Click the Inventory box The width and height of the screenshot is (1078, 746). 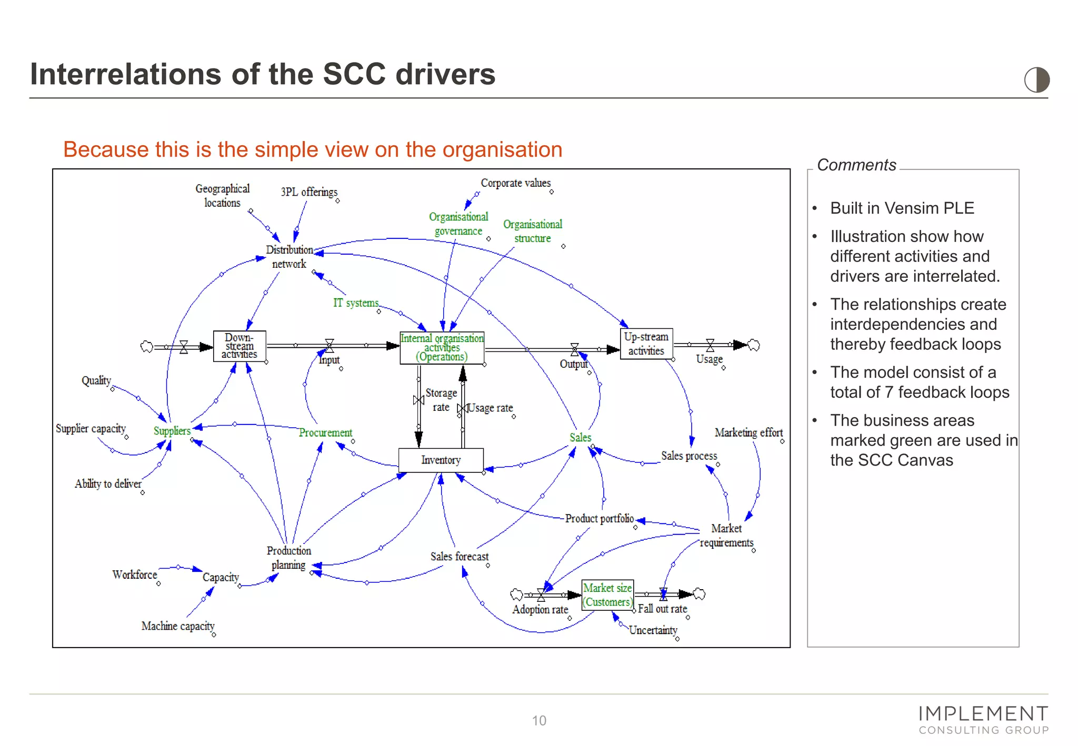441,460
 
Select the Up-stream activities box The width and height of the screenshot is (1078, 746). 646,344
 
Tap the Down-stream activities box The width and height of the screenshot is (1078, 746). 239,346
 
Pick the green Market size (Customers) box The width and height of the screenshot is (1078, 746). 607,595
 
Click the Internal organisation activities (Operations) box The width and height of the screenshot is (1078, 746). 442,348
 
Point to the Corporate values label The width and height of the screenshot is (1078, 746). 515,183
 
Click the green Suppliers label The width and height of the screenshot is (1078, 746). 172,431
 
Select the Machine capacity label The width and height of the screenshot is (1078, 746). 178,626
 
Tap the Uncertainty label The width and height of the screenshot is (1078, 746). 653,630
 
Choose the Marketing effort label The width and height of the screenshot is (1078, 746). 748,432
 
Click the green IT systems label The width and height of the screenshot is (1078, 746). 356,303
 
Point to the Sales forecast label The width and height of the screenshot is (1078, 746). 459,557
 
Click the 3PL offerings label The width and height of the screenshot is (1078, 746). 309,192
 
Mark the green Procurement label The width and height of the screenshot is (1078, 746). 325,432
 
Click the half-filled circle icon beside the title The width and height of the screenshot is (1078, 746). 1036,80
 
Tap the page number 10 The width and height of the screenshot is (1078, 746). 539,720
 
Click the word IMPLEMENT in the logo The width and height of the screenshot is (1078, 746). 983,714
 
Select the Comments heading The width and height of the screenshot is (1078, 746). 856,165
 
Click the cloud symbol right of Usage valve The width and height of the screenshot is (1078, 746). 754,345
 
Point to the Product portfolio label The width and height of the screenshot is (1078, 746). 599,519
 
